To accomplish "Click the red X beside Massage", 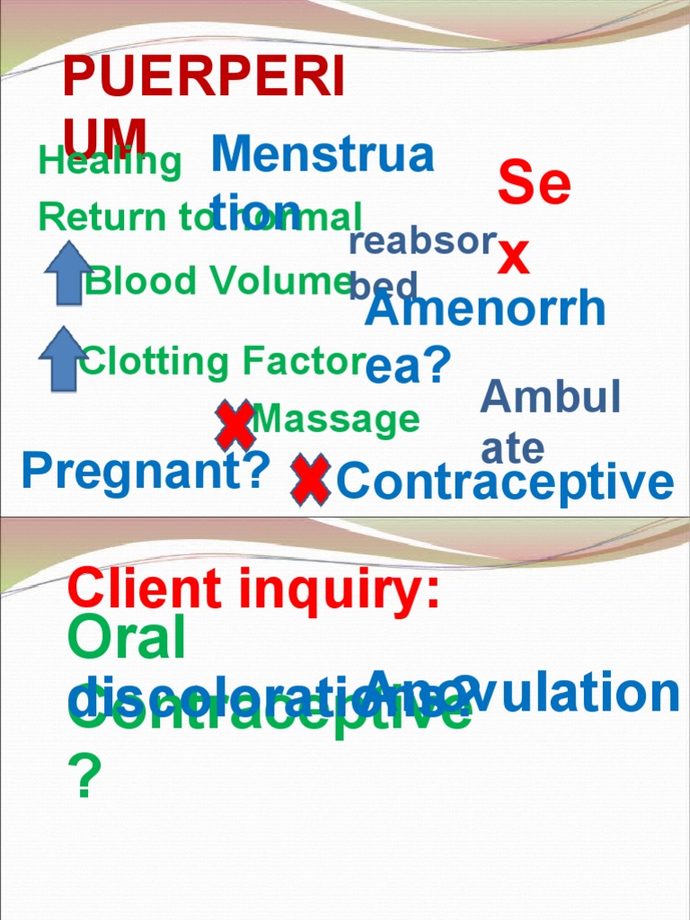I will (x=234, y=426).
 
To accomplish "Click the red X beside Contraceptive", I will (x=310, y=479).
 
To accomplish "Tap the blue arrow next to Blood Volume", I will (x=68, y=272).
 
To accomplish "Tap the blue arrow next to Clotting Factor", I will (x=63, y=358).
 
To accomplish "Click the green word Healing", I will (x=110, y=163).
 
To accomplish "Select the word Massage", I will (x=336, y=419).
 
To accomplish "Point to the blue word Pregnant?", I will (x=146, y=471).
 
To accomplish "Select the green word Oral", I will (x=127, y=639).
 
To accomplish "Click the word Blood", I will (x=140, y=281).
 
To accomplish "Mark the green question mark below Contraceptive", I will (x=84, y=778).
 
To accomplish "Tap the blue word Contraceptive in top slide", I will (x=504, y=482).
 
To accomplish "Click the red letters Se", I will (x=535, y=183).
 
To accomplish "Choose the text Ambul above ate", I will (x=551, y=396).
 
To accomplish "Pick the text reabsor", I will (x=422, y=241).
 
